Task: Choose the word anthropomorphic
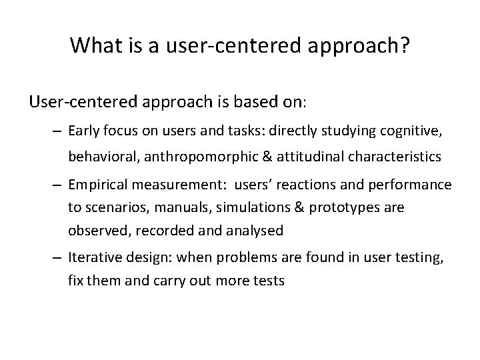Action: point(219,157)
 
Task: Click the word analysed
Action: point(256,231)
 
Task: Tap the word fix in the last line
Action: point(76,281)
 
